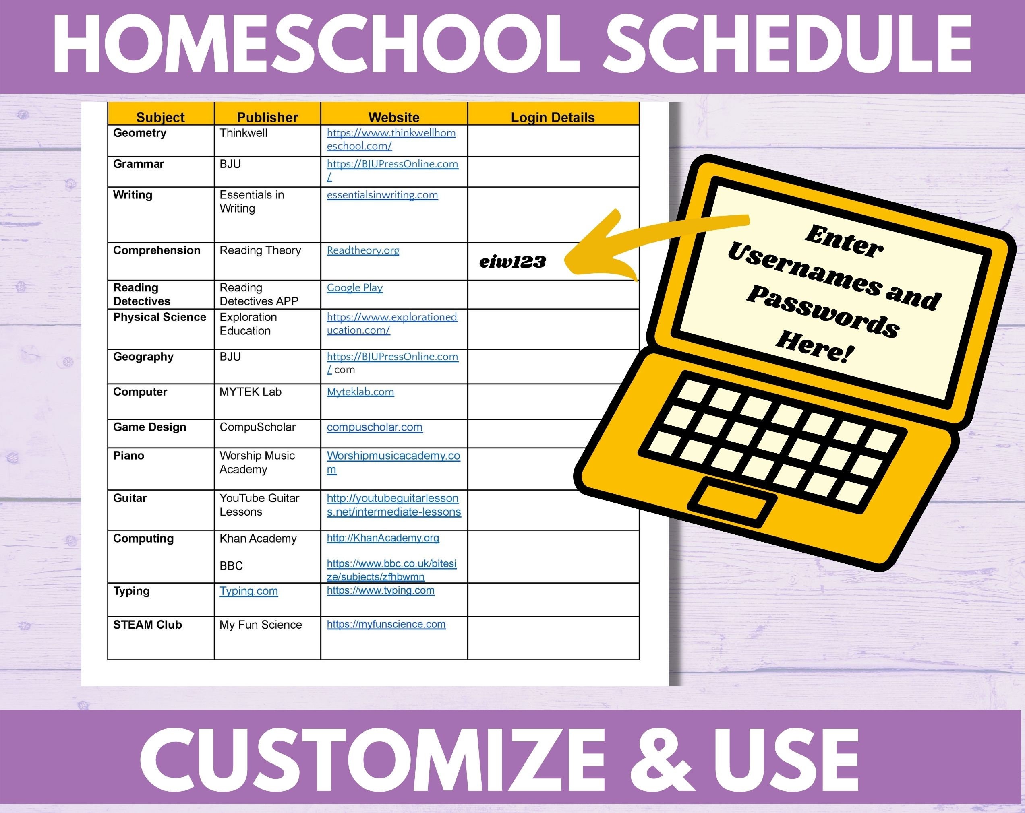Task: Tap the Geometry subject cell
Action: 140,133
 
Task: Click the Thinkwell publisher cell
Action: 243,133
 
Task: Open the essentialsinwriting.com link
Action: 382,195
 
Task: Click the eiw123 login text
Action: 512,262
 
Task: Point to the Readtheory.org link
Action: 363,250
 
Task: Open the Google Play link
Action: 355,287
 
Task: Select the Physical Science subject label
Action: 160,317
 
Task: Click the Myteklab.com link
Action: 360,392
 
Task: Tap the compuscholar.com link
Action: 375,427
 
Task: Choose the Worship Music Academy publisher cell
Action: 257,462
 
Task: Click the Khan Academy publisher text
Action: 258,539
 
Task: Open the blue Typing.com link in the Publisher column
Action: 248,591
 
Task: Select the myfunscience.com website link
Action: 386,624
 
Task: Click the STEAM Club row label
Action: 147,625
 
